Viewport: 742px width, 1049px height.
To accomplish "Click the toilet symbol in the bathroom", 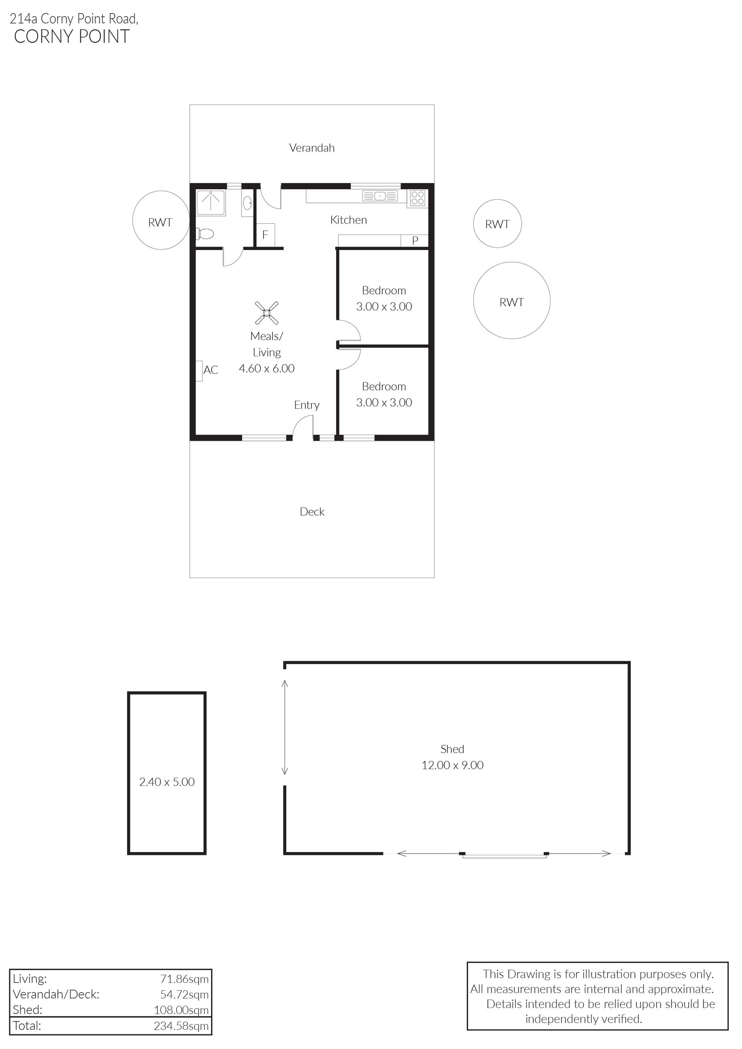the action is (205, 234).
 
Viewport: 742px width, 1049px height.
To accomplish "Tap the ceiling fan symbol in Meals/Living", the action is (267, 313).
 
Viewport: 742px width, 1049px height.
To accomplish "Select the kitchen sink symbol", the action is (380, 196).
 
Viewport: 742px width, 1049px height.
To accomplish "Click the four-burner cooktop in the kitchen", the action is (418, 198).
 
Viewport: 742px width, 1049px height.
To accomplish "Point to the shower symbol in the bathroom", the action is (211, 203).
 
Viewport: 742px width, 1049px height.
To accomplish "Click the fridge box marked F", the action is (265, 235).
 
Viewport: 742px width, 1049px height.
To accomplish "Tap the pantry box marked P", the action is (415, 240).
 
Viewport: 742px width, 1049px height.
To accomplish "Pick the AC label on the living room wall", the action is (211, 370).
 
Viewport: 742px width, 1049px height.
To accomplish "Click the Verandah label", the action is (312, 148).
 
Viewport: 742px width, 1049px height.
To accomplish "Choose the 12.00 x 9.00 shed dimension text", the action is (452, 765).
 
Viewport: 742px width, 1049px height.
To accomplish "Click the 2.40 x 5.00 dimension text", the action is (167, 782).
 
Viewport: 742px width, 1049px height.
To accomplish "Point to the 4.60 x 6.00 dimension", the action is (267, 368).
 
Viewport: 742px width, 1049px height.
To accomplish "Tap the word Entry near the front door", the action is (306, 405).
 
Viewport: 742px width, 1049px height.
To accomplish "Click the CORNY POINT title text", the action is (72, 37).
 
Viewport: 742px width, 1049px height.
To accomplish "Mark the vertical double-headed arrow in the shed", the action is (285, 727).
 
